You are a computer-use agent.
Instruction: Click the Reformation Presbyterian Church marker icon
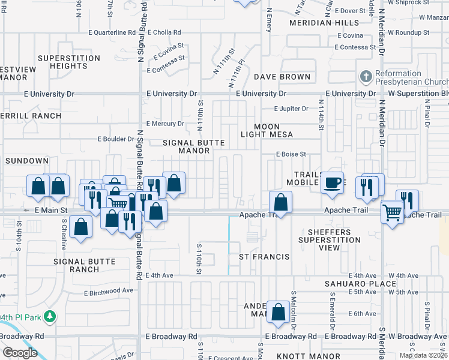(366, 76)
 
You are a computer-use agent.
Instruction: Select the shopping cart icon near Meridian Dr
(392, 211)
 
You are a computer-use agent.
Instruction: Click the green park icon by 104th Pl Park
(52, 316)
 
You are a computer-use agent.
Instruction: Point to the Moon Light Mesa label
(273, 130)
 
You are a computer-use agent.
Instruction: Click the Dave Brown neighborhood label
(282, 77)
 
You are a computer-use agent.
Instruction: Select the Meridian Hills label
(315, 23)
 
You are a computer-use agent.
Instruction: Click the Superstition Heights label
(68, 62)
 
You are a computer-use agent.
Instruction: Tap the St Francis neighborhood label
(264, 257)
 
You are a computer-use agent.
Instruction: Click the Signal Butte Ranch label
(76, 265)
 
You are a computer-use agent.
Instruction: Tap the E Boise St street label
(291, 154)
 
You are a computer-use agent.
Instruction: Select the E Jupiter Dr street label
(291, 109)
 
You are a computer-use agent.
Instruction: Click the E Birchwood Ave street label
(109, 292)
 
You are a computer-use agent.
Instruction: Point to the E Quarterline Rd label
(112, 33)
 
